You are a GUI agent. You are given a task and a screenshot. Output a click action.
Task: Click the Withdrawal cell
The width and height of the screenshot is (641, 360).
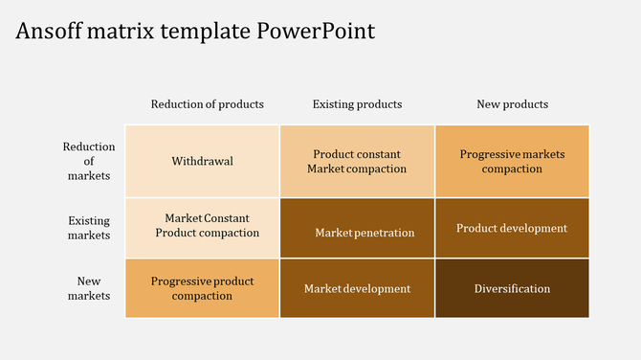point(202,161)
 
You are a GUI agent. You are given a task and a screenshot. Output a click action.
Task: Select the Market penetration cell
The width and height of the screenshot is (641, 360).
point(357,228)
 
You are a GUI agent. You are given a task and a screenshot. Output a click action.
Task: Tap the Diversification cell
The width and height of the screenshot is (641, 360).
point(512,288)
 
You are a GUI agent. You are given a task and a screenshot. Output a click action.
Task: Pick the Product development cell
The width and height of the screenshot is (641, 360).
point(512,228)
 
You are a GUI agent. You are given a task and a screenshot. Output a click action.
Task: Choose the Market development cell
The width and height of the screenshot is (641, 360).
point(357,288)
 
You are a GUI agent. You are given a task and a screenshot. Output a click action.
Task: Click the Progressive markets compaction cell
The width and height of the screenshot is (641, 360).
point(512,161)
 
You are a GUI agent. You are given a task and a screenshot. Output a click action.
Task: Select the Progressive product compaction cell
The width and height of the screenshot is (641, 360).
point(202,288)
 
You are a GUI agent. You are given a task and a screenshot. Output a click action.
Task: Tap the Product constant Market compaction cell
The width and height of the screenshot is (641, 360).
point(357,161)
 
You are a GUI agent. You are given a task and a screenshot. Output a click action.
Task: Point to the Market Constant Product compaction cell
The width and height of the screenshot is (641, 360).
point(202,228)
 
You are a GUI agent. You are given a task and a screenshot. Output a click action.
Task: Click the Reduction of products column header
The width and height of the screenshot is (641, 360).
point(207,103)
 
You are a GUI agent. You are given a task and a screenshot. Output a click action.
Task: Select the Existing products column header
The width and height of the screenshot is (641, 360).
point(357,103)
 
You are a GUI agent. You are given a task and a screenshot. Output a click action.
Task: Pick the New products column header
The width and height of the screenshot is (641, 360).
point(512,103)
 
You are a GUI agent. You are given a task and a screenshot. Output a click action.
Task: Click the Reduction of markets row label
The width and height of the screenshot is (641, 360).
point(89,161)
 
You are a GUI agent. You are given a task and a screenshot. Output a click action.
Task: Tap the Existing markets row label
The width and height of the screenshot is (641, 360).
point(89,228)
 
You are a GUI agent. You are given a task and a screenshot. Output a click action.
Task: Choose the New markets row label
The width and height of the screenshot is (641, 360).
point(89,288)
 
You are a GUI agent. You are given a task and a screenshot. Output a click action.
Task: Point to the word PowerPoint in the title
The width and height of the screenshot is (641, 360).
point(317,31)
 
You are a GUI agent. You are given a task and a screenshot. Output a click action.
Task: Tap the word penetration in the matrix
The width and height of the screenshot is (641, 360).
point(383,233)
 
